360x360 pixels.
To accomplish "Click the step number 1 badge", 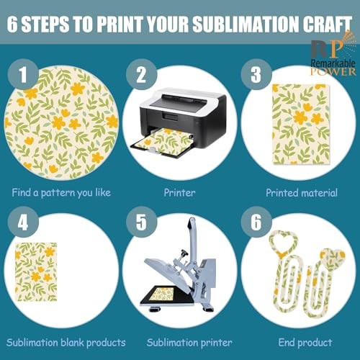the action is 23,74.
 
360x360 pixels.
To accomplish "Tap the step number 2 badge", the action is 141,74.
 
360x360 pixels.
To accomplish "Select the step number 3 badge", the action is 256,74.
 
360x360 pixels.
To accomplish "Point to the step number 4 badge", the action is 23,222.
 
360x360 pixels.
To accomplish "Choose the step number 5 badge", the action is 141,222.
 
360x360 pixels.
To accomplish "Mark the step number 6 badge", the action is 256,222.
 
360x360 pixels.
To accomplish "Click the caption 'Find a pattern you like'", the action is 61,193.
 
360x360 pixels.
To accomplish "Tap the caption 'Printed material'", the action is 302,193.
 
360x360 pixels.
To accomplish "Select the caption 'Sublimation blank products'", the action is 66,343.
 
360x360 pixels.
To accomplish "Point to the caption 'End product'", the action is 305,343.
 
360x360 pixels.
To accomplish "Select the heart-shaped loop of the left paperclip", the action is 283,242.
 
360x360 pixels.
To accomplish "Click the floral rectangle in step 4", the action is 36,271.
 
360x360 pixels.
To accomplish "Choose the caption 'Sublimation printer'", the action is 189,343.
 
